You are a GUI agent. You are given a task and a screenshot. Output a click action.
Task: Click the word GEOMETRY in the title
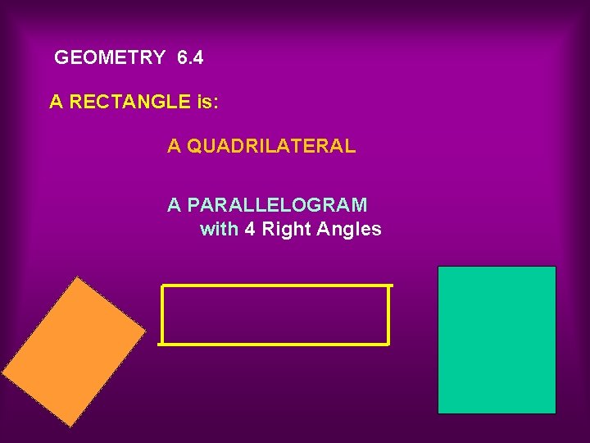pyautogui.click(x=110, y=57)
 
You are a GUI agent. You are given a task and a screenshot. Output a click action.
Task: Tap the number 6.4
pyautogui.click(x=190, y=57)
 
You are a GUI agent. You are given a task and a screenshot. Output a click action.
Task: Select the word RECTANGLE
pyautogui.click(x=130, y=102)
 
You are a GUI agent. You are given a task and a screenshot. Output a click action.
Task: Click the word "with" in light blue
pyautogui.click(x=219, y=229)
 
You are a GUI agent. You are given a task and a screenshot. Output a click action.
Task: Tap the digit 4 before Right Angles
pyautogui.click(x=250, y=229)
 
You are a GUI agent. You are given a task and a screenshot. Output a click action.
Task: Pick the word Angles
pyautogui.click(x=350, y=229)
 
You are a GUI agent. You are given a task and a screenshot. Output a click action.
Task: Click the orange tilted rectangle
pyautogui.click(x=73, y=350)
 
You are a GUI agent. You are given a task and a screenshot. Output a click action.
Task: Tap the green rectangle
pyautogui.click(x=497, y=340)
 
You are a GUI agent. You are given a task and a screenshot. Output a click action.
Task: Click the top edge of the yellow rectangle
pyautogui.click(x=277, y=285)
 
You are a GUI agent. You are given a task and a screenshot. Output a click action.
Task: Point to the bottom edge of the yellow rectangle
pyautogui.click(x=274, y=343)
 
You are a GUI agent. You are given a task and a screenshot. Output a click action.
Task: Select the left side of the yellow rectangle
pyautogui.click(x=162, y=314)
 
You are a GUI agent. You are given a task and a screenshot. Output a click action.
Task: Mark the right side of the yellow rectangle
pyautogui.click(x=388, y=314)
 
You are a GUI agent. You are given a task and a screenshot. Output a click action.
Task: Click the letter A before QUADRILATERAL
pyautogui.click(x=174, y=146)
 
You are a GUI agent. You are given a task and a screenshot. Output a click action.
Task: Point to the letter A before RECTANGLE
pyautogui.click(x=56, y=102)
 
